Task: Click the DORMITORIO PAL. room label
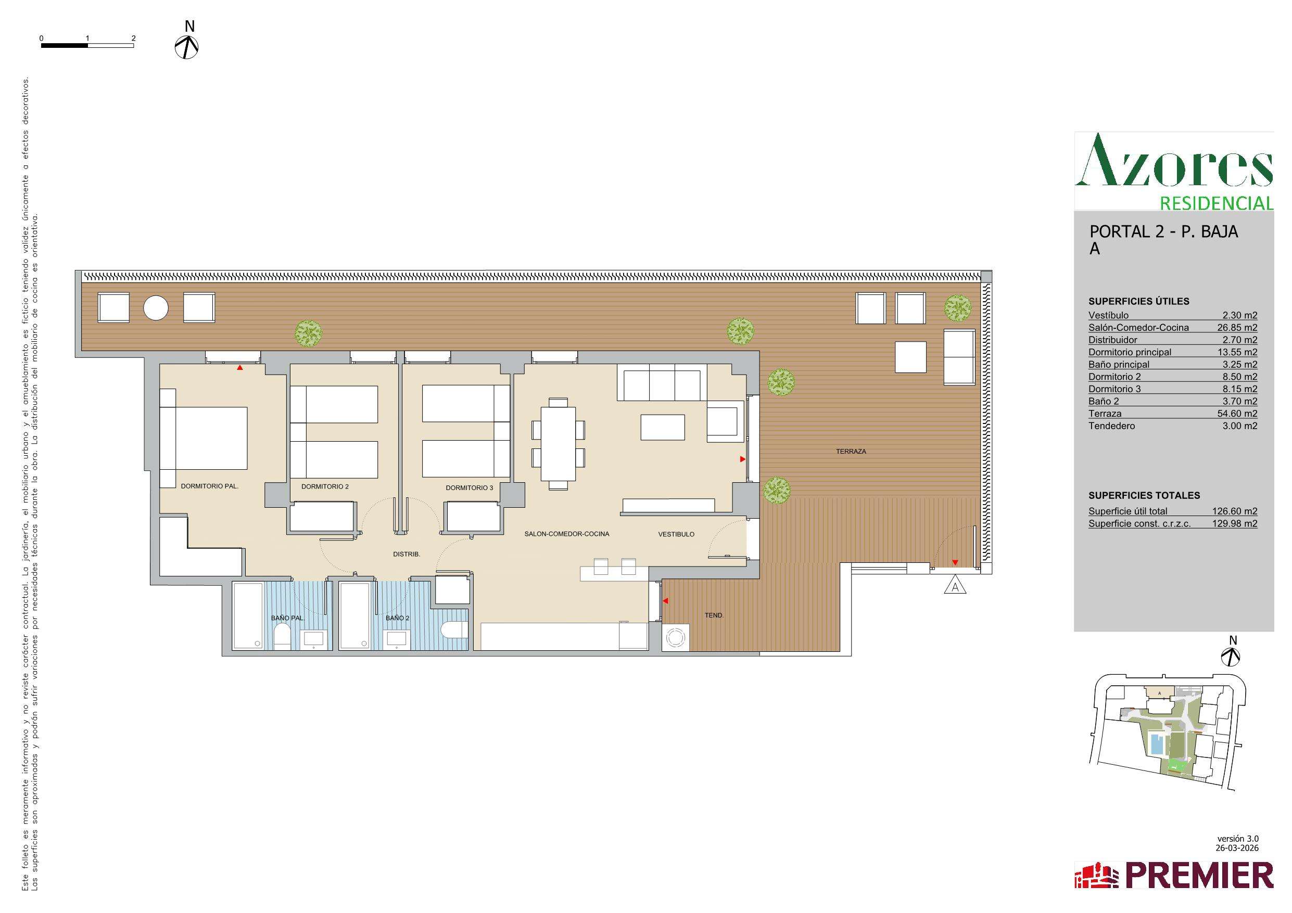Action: coord(209,486)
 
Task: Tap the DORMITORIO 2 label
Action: coord(325,486)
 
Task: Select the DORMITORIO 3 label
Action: coord(470,488)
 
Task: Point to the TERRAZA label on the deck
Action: coord(851,451)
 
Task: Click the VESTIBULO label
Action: coord(676,534)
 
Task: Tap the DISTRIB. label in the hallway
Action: coord(406,554)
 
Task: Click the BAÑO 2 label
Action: coord(397,618)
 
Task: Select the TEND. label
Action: coord(714,615)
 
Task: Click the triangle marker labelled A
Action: coord(955,586)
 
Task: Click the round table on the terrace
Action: coord(156,307)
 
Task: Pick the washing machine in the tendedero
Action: coord(675,638)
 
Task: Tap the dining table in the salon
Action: coord(558,443)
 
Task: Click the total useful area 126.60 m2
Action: coord(1235,511)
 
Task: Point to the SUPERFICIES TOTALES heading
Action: coord(1144,496)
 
